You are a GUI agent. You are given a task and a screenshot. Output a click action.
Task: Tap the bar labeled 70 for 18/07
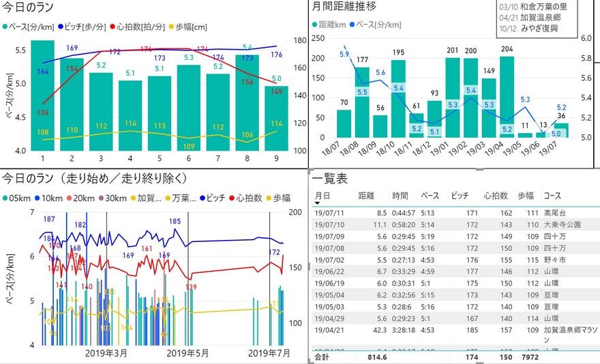[344, 123]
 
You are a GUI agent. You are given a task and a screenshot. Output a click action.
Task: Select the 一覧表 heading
[330, 179]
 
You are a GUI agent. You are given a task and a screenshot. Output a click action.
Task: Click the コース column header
[552, 196]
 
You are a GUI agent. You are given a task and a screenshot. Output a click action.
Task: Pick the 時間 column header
[400, 196]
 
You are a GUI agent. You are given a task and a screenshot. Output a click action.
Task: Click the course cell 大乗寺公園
[562, 224]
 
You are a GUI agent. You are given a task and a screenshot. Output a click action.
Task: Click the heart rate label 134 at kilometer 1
[42, 112]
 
